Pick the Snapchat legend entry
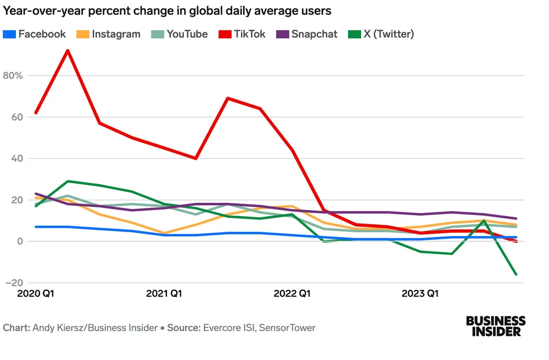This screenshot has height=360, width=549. (307, 34)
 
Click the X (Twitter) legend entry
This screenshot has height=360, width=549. (382, 34)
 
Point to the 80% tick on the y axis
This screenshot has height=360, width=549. (12, 75)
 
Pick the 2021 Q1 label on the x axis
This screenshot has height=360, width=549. (164, 294)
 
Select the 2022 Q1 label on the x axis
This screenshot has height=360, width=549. (292, 294)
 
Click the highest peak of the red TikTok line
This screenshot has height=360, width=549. (68, 50)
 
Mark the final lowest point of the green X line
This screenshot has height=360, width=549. (516, 274)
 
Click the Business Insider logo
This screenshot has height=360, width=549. (496, 326)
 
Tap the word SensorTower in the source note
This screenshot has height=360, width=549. (287, 328)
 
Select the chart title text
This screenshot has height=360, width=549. (167, 10)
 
